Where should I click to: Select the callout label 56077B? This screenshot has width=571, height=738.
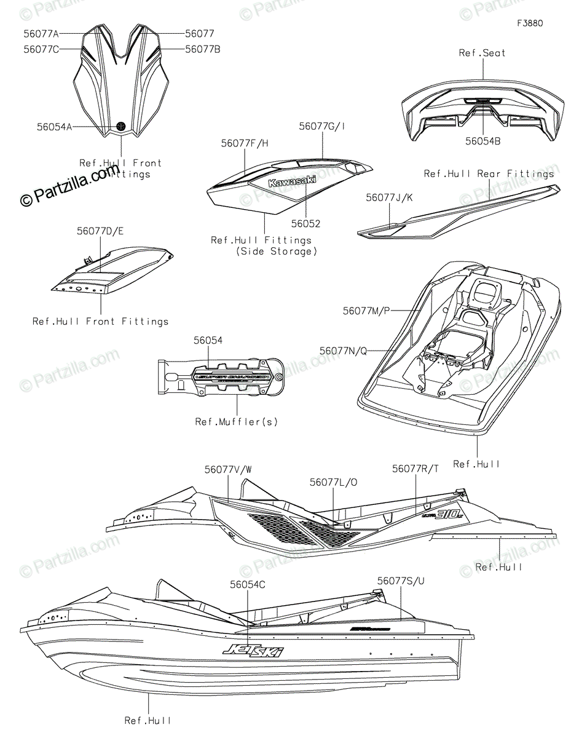202,49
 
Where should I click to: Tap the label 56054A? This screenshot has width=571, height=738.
55,127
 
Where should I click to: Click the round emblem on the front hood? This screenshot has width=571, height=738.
121,126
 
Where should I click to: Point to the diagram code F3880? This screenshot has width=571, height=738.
530,23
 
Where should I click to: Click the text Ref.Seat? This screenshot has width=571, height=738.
482,53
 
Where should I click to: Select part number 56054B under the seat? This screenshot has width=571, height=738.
482,141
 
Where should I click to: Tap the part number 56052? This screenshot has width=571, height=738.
305,224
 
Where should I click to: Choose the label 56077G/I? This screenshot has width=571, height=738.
322,126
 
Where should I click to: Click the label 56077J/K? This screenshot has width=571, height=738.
390,198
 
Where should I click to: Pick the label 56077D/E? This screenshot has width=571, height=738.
100,232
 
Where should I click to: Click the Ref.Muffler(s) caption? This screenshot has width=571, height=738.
237,421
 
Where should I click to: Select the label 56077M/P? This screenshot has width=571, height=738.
366,311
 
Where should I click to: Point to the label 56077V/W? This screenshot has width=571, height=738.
228,469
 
